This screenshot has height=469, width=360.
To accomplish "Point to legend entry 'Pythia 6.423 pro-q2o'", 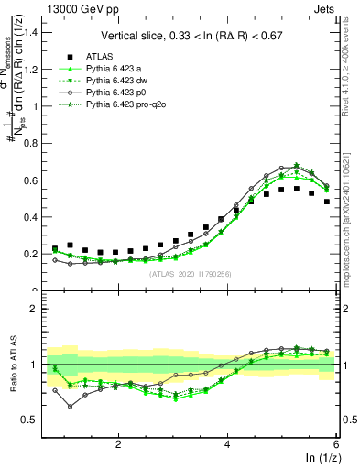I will pyautogui.click(x=129, y=105).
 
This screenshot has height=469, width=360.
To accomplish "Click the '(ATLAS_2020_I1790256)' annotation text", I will pyautogui.click(x=191, y=274).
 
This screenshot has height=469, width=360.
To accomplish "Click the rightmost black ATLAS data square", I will pyautogui.click(x=327, y=202).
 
